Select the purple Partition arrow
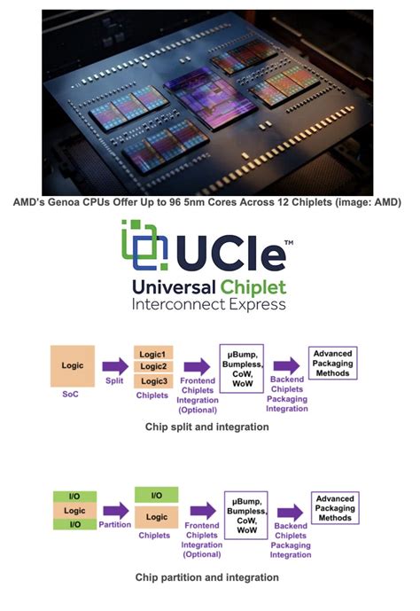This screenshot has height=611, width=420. [x=114, y=511]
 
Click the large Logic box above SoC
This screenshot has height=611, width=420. [x=72, y=365]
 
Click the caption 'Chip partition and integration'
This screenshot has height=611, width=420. [x=206, y=577]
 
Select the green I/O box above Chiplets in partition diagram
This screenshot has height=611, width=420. [x=158, y=495]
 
